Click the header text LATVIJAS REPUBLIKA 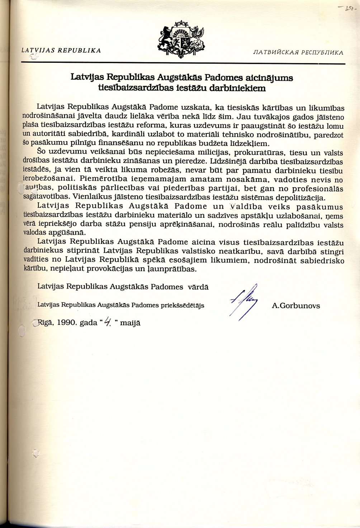click(x=61, y=51)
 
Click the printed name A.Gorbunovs click(x=296, y=306)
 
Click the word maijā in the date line click(x=131, y=322)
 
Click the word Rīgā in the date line click(x=46, y=322)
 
